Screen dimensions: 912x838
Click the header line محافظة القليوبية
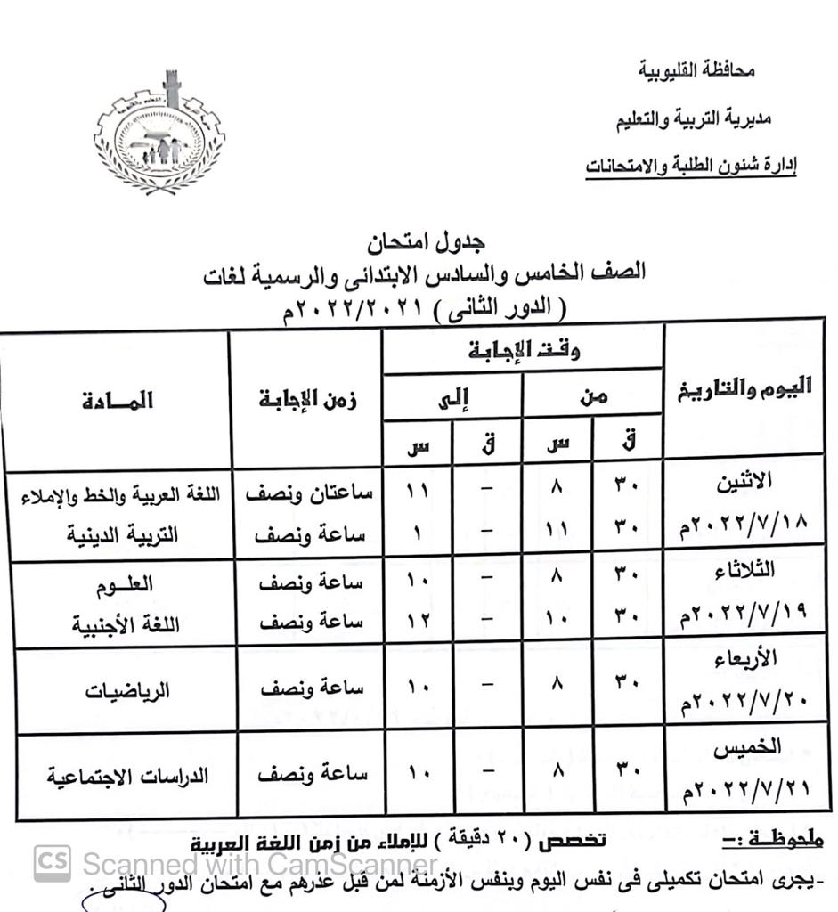click(x=698, y=69)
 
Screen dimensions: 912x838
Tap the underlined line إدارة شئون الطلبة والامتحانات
click(x=691, y=167)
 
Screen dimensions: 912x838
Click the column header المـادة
click(x=117, y=401)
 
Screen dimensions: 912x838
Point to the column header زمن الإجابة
click(x=307, y=401)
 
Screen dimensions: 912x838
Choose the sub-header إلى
click(x=453, y=398)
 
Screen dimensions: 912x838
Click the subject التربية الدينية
click(x=124, y=534)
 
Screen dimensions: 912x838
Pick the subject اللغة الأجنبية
click(x=126, y=623)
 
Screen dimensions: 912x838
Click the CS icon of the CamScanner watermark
click(x=53, y=862)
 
